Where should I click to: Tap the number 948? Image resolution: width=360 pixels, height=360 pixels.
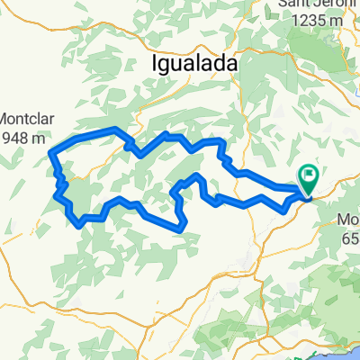14,138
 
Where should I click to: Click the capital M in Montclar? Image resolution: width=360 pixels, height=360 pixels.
5,119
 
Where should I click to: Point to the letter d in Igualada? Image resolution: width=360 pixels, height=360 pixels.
229,65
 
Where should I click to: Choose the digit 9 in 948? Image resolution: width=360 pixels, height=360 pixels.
5,138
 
